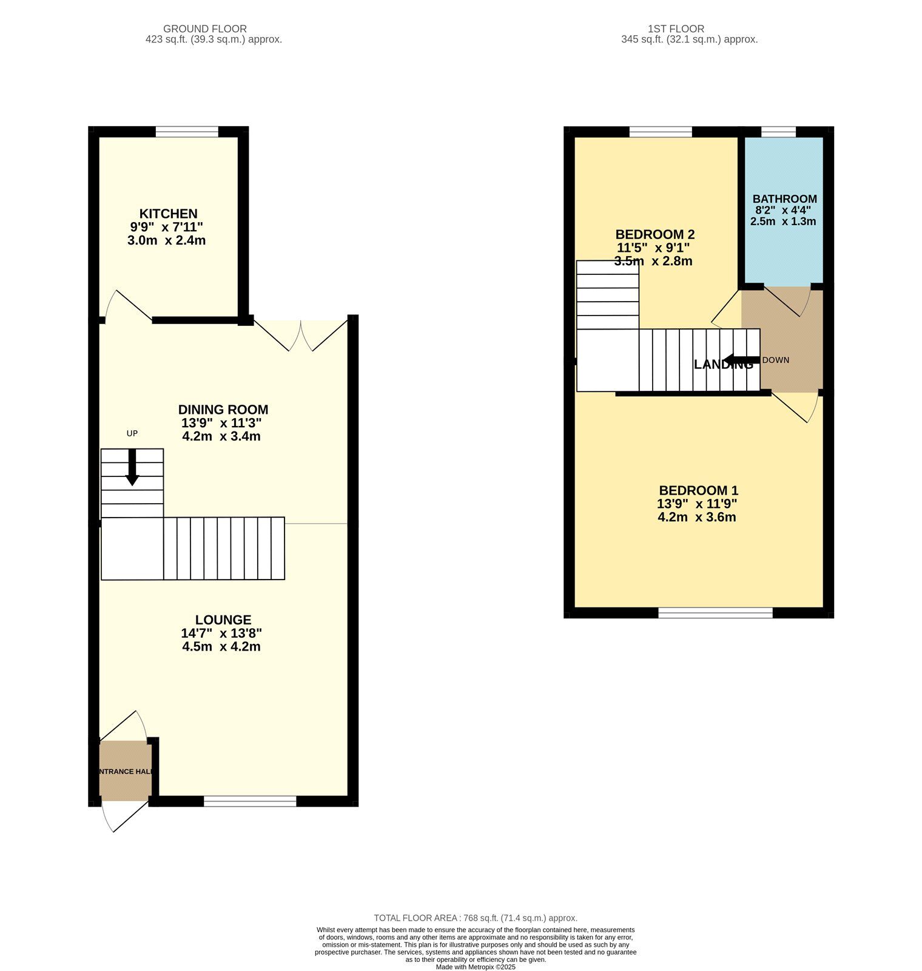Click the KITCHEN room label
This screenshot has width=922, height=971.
tap(168, 214)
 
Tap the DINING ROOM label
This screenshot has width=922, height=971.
tap(223, 410)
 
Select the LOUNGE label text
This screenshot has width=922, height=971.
tap(223, 620)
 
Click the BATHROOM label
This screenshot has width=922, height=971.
tap(784, 199)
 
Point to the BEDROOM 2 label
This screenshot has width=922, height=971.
tap(654, 234)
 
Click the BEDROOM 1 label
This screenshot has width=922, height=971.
tap(698, 490)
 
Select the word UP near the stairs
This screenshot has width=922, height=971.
tap(132, 433)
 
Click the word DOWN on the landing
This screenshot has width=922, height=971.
tap(775, 360)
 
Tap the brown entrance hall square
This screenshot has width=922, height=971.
tap(125, 771)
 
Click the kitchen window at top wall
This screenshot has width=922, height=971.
tap(187, 132)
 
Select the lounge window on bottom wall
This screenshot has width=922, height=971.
tap(250, 801)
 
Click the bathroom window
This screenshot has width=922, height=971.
tap(778, 132)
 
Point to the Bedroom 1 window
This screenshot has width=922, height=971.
tap(715, 613)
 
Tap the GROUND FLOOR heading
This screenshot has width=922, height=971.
tap(205, 29)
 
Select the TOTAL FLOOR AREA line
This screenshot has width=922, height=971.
tap(476, 918)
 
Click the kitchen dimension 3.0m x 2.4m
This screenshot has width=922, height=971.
tap(166, 240)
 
